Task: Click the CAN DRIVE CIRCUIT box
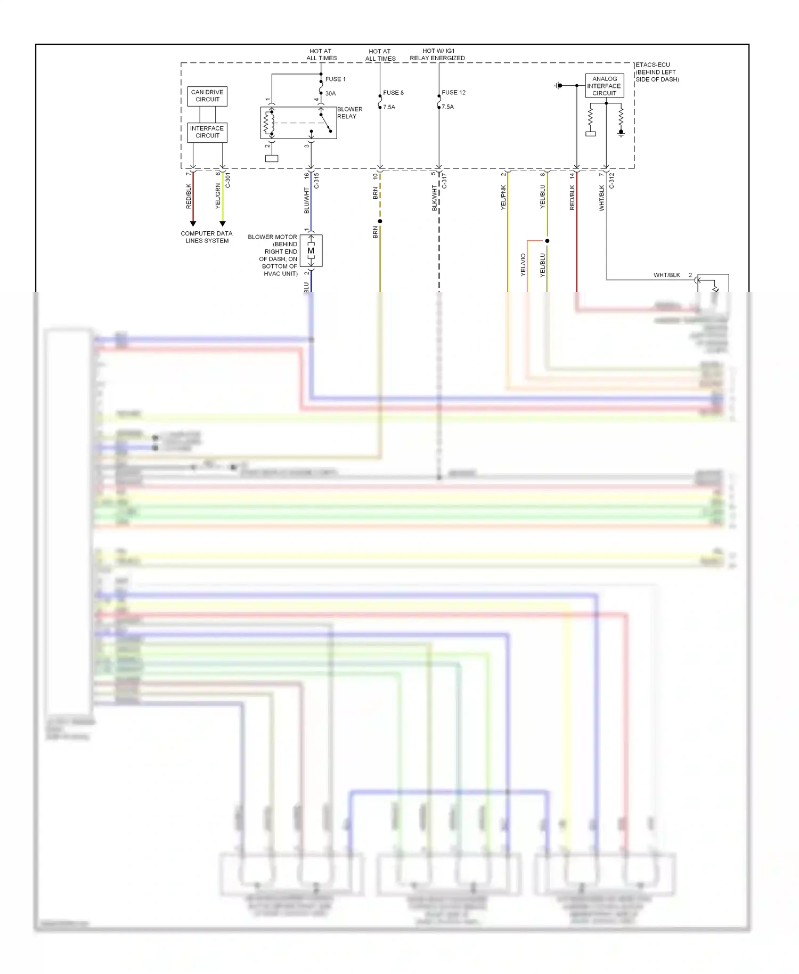coord(207,96)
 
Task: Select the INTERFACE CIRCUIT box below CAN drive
coord(207,132)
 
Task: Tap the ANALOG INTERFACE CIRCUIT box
coord(605,86)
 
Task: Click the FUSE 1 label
coord(336,79)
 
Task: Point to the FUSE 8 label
coord(394,93)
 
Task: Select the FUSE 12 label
coord(453,93)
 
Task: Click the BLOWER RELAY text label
coord(349,112)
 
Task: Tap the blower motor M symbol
coord(311,250)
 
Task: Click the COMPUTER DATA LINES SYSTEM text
coord(207,237)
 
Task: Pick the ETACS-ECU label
coord(653,65)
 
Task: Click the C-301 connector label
coord(228,180)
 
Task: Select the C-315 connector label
coord(316,180)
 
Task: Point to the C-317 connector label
coord(444,180)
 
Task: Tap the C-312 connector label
coord(612,180)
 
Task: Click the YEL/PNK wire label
coord(503,197)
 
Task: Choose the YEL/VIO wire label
coord(523,264)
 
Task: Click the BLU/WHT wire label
coord(307,200)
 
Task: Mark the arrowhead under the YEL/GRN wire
coord(223,224)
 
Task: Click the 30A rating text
coord(331,94)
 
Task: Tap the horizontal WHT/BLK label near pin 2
coord(667,275)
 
